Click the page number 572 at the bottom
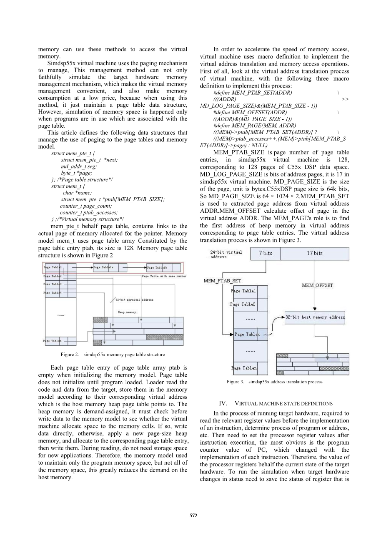pyautogui.click(x=193, y=516)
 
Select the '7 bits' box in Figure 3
pyautogui.click(x=265, y=253)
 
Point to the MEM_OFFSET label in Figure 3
pyautogui.click(x=317, y=285)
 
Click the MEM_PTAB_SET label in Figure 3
pyautogui.click(x=222, y=281)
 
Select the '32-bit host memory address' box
pyautogui.click(x=315, y=317)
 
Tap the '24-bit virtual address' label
pyautogui.click(x=226, y=254)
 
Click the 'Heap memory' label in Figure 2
pyautogui.click(x=127, y=312)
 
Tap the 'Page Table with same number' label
pyautogui.click(x=164, y=276)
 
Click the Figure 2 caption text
pyautogui.click(x=113, y=355)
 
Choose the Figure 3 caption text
pyautogui.click(x=274, y=382)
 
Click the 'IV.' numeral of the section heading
pyautogui.click(x=223, y=403)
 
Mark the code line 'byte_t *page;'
pyautogui.click(x=77, y=173)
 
